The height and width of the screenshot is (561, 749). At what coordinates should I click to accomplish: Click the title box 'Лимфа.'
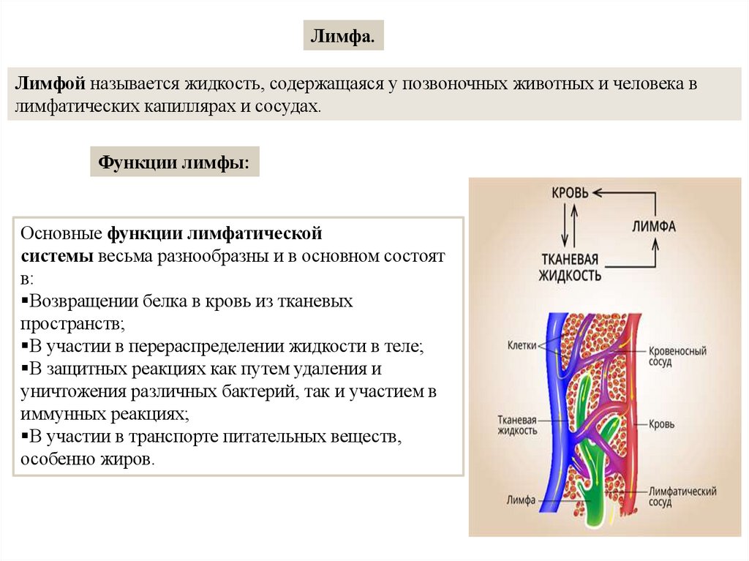click(x=343, y=36)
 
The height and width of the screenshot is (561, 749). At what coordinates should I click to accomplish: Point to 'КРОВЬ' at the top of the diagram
click(x=568, y=193)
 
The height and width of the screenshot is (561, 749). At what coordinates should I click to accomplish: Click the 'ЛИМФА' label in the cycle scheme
click(x=652, y=226)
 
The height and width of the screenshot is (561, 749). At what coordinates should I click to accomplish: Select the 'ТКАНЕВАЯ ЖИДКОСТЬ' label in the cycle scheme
click(x=570, y=268)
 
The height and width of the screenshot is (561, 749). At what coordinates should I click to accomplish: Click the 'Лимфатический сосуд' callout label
click(x=682, y=497)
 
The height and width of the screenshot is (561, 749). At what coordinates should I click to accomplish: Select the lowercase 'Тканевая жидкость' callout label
click(x=517, y=426)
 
